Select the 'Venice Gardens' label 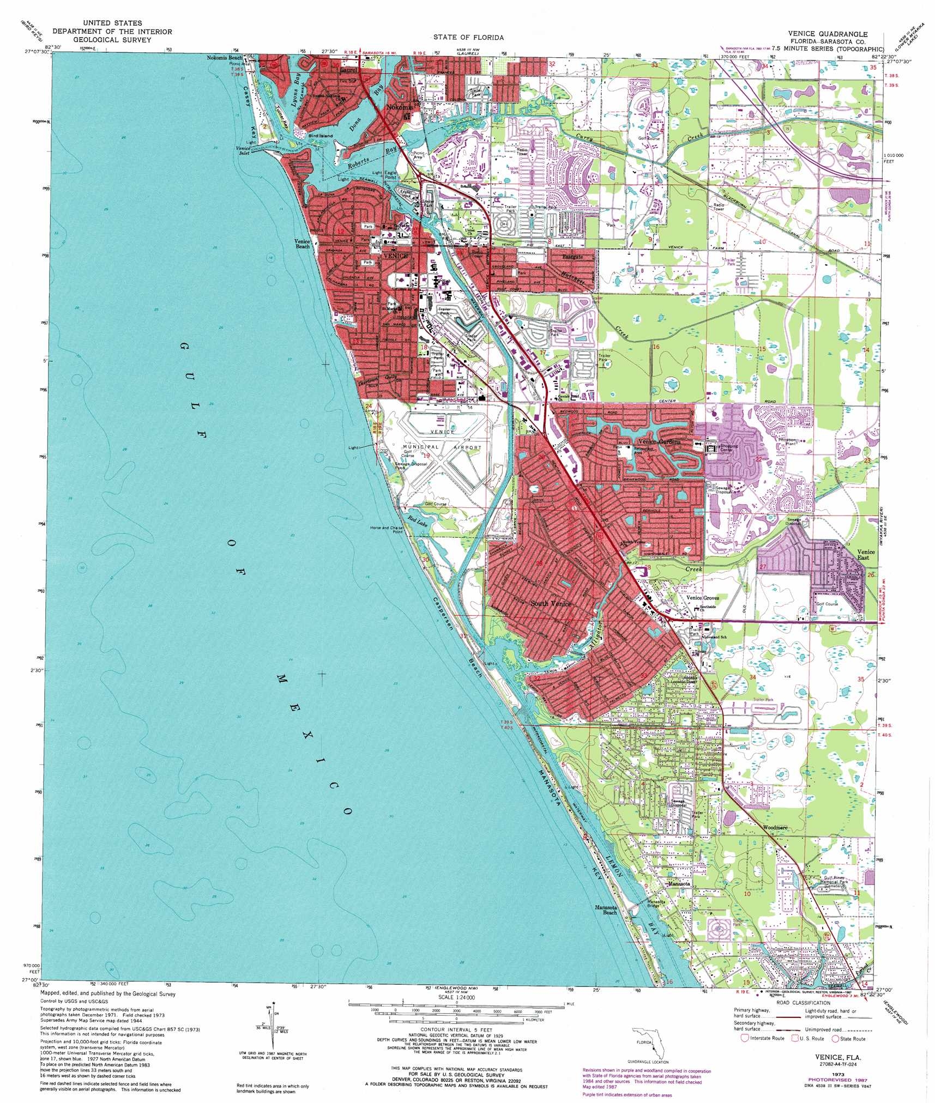659,442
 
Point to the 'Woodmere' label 775,827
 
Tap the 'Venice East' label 866,555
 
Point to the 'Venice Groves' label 703,598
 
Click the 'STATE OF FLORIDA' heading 468,38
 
